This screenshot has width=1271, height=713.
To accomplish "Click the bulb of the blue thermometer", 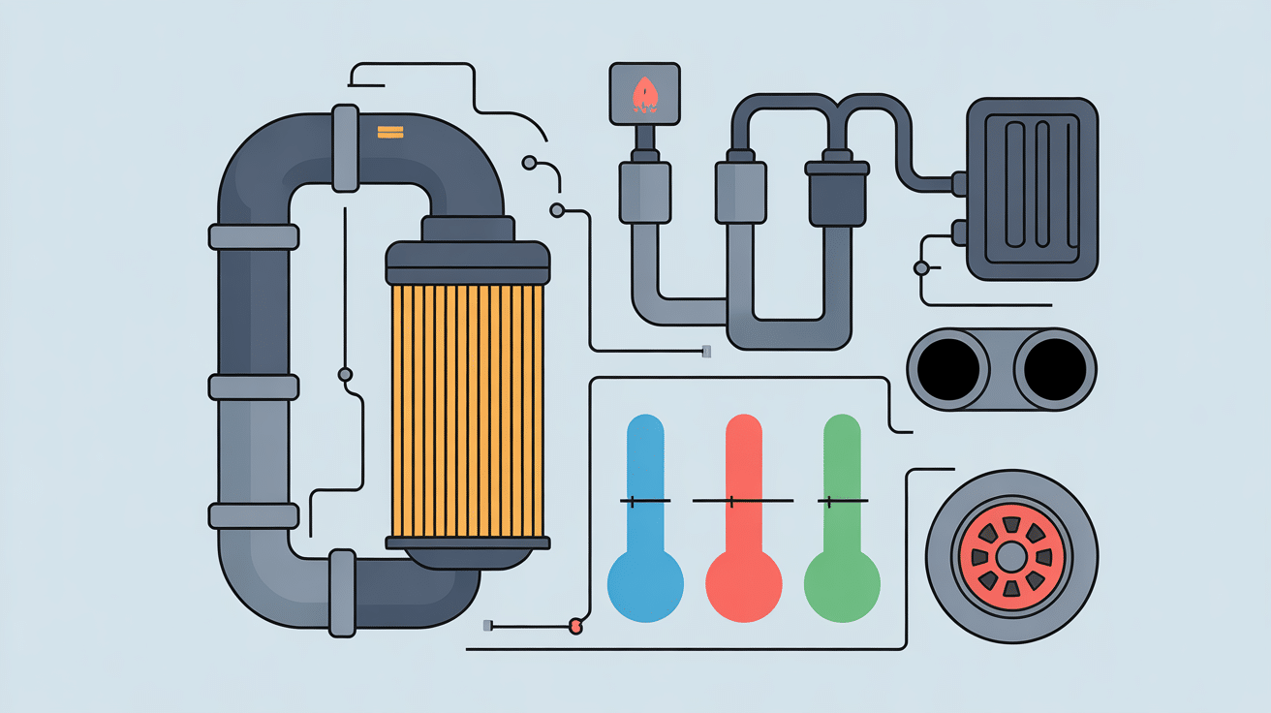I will click(645, 583).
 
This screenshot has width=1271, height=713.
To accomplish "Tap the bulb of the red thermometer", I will click(744, 583).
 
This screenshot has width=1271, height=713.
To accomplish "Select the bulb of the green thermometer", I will click(842, 583).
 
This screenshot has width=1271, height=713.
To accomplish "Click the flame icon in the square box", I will click(643, 94).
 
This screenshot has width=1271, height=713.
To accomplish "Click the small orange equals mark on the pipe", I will click(389, 132).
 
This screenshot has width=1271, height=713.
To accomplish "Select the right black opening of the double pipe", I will click(1055, 369).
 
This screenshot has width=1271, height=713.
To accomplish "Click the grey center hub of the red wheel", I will click(1011, 556).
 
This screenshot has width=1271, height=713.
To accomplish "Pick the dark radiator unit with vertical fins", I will click(1033, 188).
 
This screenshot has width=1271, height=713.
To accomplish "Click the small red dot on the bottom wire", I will click(576, 626).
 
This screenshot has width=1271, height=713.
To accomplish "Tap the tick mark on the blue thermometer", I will click(632, 501).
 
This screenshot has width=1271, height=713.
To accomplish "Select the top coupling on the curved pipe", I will click(345, 147).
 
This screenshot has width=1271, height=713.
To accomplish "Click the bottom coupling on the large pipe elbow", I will click(342, 593).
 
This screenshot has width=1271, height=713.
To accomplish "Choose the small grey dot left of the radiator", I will click(921, 267).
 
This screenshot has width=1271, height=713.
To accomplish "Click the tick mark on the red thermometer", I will click(731, 501).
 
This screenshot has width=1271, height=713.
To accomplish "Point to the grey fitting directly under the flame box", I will click(643, 190).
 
